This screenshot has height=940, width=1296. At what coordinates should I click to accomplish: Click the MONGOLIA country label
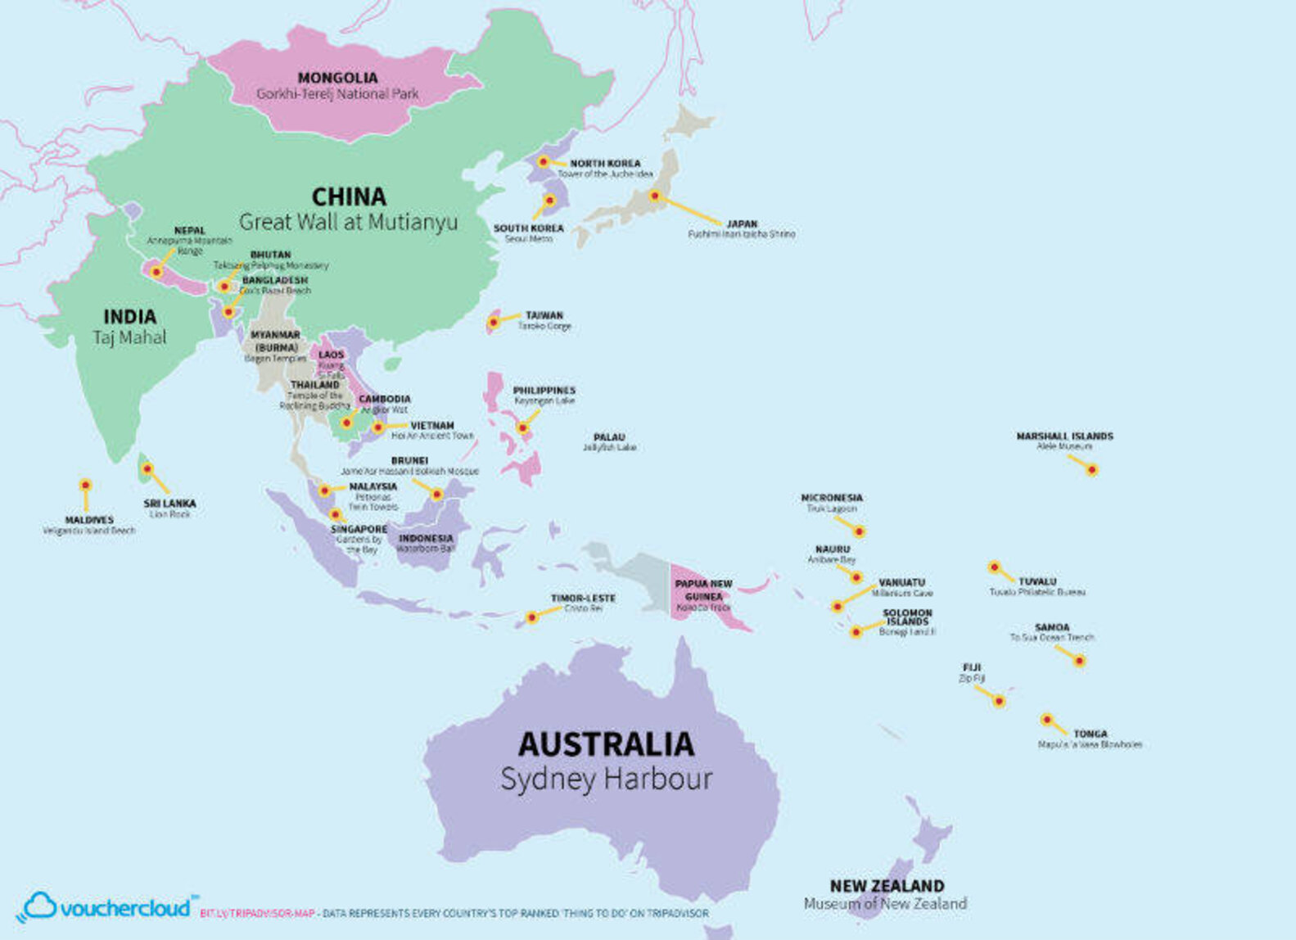tap(337, 78)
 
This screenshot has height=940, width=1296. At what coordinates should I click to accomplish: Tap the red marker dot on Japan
tap(655, 197)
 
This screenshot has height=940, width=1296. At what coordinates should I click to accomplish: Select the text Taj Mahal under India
tap(129, 337)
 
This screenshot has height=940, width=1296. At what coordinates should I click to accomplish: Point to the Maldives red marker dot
tap(85, 486)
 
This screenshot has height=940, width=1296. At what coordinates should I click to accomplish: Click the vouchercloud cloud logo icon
tap(39, 906)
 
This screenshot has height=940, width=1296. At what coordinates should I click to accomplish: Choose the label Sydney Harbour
tap(606, 779)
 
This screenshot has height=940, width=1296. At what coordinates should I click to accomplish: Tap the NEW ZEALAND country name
tap(887, 886)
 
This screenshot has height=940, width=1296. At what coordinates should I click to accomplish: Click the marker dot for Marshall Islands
tap(1091, 470)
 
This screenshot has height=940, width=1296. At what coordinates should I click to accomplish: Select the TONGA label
tap(1090, 734)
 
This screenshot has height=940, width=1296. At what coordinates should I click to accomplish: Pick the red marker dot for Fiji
tap(999, 701)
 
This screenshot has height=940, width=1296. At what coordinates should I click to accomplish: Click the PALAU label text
tap(609, 437)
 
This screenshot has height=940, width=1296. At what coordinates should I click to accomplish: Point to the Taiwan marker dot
tap(494, 322)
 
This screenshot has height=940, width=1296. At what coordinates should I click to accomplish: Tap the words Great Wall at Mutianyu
tap(348, 222)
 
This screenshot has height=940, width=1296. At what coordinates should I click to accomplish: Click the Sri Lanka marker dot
tap(147, 469)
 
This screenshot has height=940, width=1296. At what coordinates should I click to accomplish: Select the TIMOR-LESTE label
tap(583, 598)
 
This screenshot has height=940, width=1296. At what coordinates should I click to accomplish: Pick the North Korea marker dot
tap(543, 162)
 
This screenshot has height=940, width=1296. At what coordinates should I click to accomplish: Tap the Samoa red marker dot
tap(1079, 661)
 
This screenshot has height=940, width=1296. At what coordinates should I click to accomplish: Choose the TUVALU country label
tap(1036, 581)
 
